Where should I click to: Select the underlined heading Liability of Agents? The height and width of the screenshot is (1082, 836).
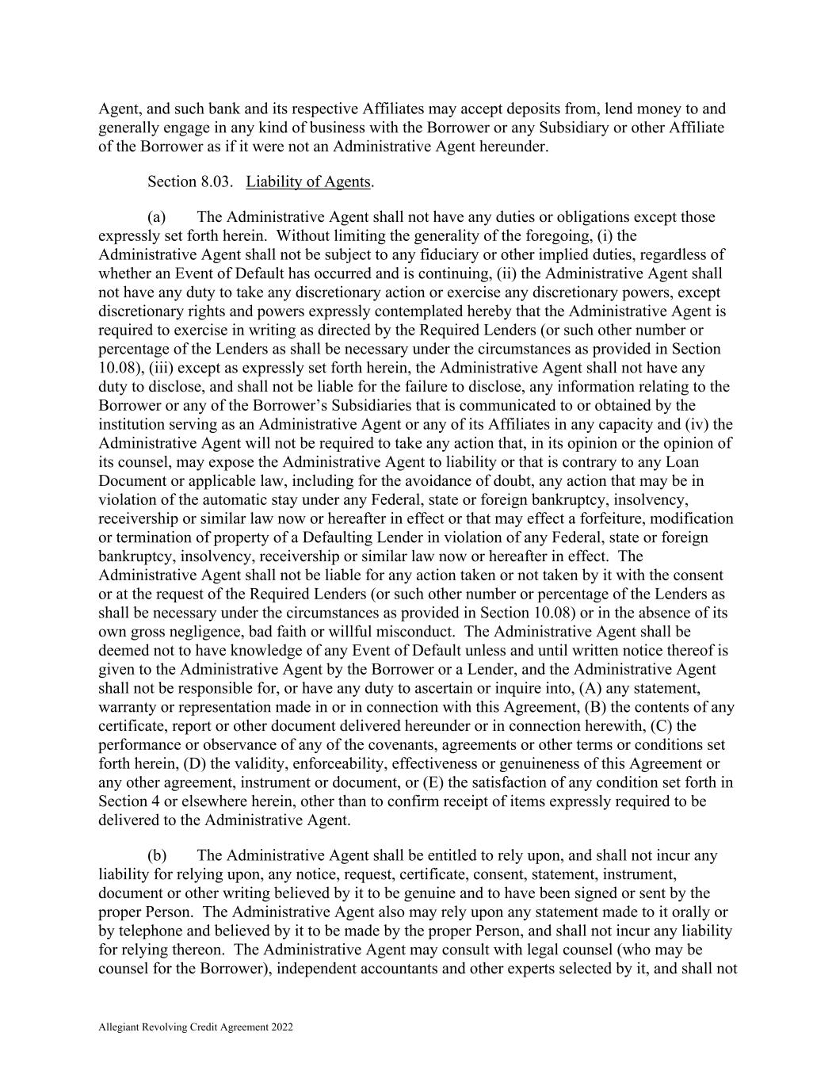308,182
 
